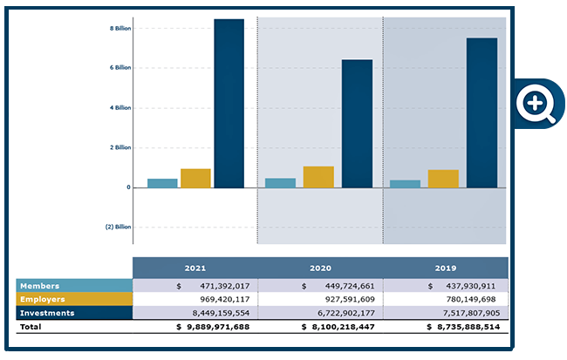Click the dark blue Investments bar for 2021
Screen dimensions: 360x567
pyautogui.click(x=229, y=103)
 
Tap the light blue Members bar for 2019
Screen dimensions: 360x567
pyautogui.click(x=405, y=184)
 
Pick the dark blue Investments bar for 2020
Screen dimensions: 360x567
pyautogui.click(x=357, y=123)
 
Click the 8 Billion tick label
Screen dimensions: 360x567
pyautogui.click(x=120, y=28)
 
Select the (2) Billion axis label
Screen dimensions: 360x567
pyautogui.click(x=118, y=227)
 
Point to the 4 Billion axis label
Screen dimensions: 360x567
pyautogui.click(x=120, y=108)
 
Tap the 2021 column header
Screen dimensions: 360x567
pyautogui.click(x=195, y=268)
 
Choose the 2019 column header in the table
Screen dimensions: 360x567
pyautogui.click(x=445, y=268)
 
